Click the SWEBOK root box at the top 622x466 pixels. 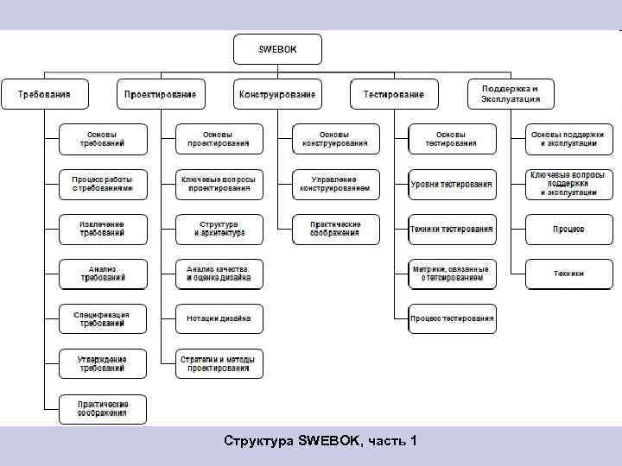pyautogui.click(x=277, y=49)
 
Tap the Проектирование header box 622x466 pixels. pyautogui.click(x=161, y=93)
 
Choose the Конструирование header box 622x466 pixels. pyautogui.click(x=277, y=93)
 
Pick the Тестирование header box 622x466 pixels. pyautogui.click(x=394, y=93)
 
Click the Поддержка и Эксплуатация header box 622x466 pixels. pyautogui.click(x=511, y=93)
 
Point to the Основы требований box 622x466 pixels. pyautogui.click(x=103, y=139)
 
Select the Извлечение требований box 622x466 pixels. pyautogui.click(x=103, y=229)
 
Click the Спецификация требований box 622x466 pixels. pyautogui.click(x=103, y=319)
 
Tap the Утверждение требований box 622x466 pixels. pyautogui.click(x=103, y=363)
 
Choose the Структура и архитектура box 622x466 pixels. pyautogui.click(x=219, y=229)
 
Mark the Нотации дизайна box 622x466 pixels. pyautogui.click(x=219, y=318)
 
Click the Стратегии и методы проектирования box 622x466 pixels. pyautogui.click(x=219, y=363)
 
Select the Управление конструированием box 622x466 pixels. pyautogui.click(x=336, y=184)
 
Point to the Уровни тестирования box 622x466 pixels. pyautogui.click(x=453, y=184)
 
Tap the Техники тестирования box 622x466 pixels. pyautogui.click(x=453, y=229)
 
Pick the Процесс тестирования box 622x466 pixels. pyautogui.click(x=453, y=318)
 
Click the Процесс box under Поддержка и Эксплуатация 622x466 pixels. pyautogui.click(x=569, y=229)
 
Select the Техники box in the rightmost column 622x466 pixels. pyautogui.click(x=569, y=274)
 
